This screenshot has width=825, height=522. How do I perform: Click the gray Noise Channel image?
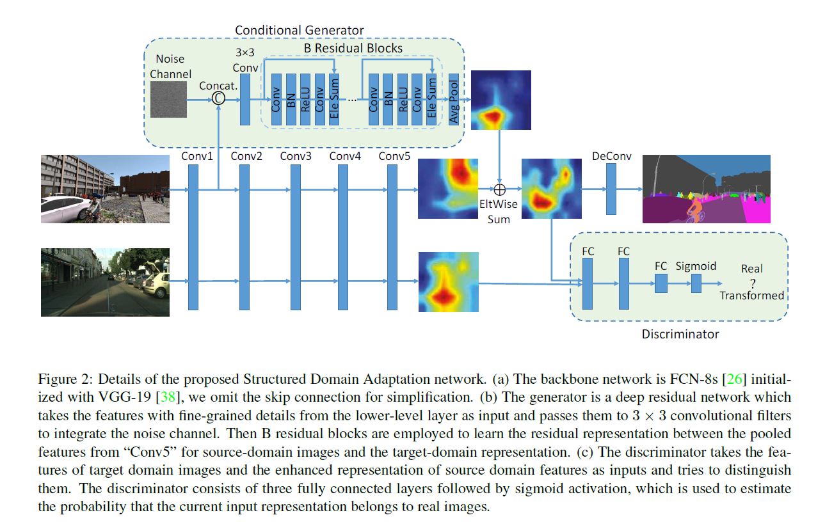pyautogui.click(x=169, y=99)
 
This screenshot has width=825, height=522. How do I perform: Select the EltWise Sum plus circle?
pyautogui.click(x=500, y=189)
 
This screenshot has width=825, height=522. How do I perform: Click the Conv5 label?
pyautogui.click(x=393, y=156)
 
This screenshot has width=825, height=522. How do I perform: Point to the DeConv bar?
pyautogui.click(x=611, y=189)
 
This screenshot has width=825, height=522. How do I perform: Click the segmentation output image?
pyautogui.click(x=706, y=189)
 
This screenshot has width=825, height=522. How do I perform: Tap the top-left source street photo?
pyautogui.click(x=105, y=189)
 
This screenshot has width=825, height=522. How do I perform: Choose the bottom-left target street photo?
pyautogui.click(x=105, y=282)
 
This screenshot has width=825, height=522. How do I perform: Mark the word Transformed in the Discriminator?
pyautogui.click(x=751, y=296)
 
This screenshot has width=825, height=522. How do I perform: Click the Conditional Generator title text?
pyautogui.click(x=299, y=30)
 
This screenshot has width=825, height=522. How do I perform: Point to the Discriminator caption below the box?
pyautogui.click(x=680, y=334)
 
